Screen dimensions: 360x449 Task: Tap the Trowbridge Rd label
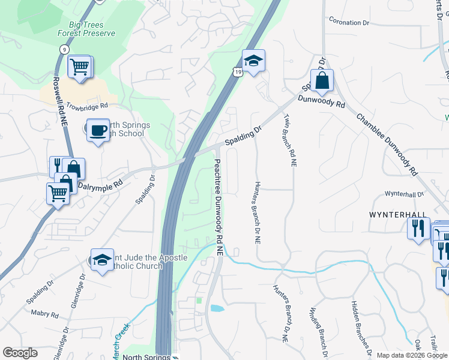coord(87,104)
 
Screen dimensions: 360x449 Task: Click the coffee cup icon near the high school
coord(97,130)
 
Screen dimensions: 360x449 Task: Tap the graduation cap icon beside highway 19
coord(253,61)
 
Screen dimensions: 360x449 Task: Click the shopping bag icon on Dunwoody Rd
coord(322,81)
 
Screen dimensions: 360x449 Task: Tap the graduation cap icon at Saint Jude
coord(103,260)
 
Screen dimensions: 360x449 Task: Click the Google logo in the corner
coord(20,353)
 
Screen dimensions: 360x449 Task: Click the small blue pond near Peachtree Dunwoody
coord(217,309)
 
